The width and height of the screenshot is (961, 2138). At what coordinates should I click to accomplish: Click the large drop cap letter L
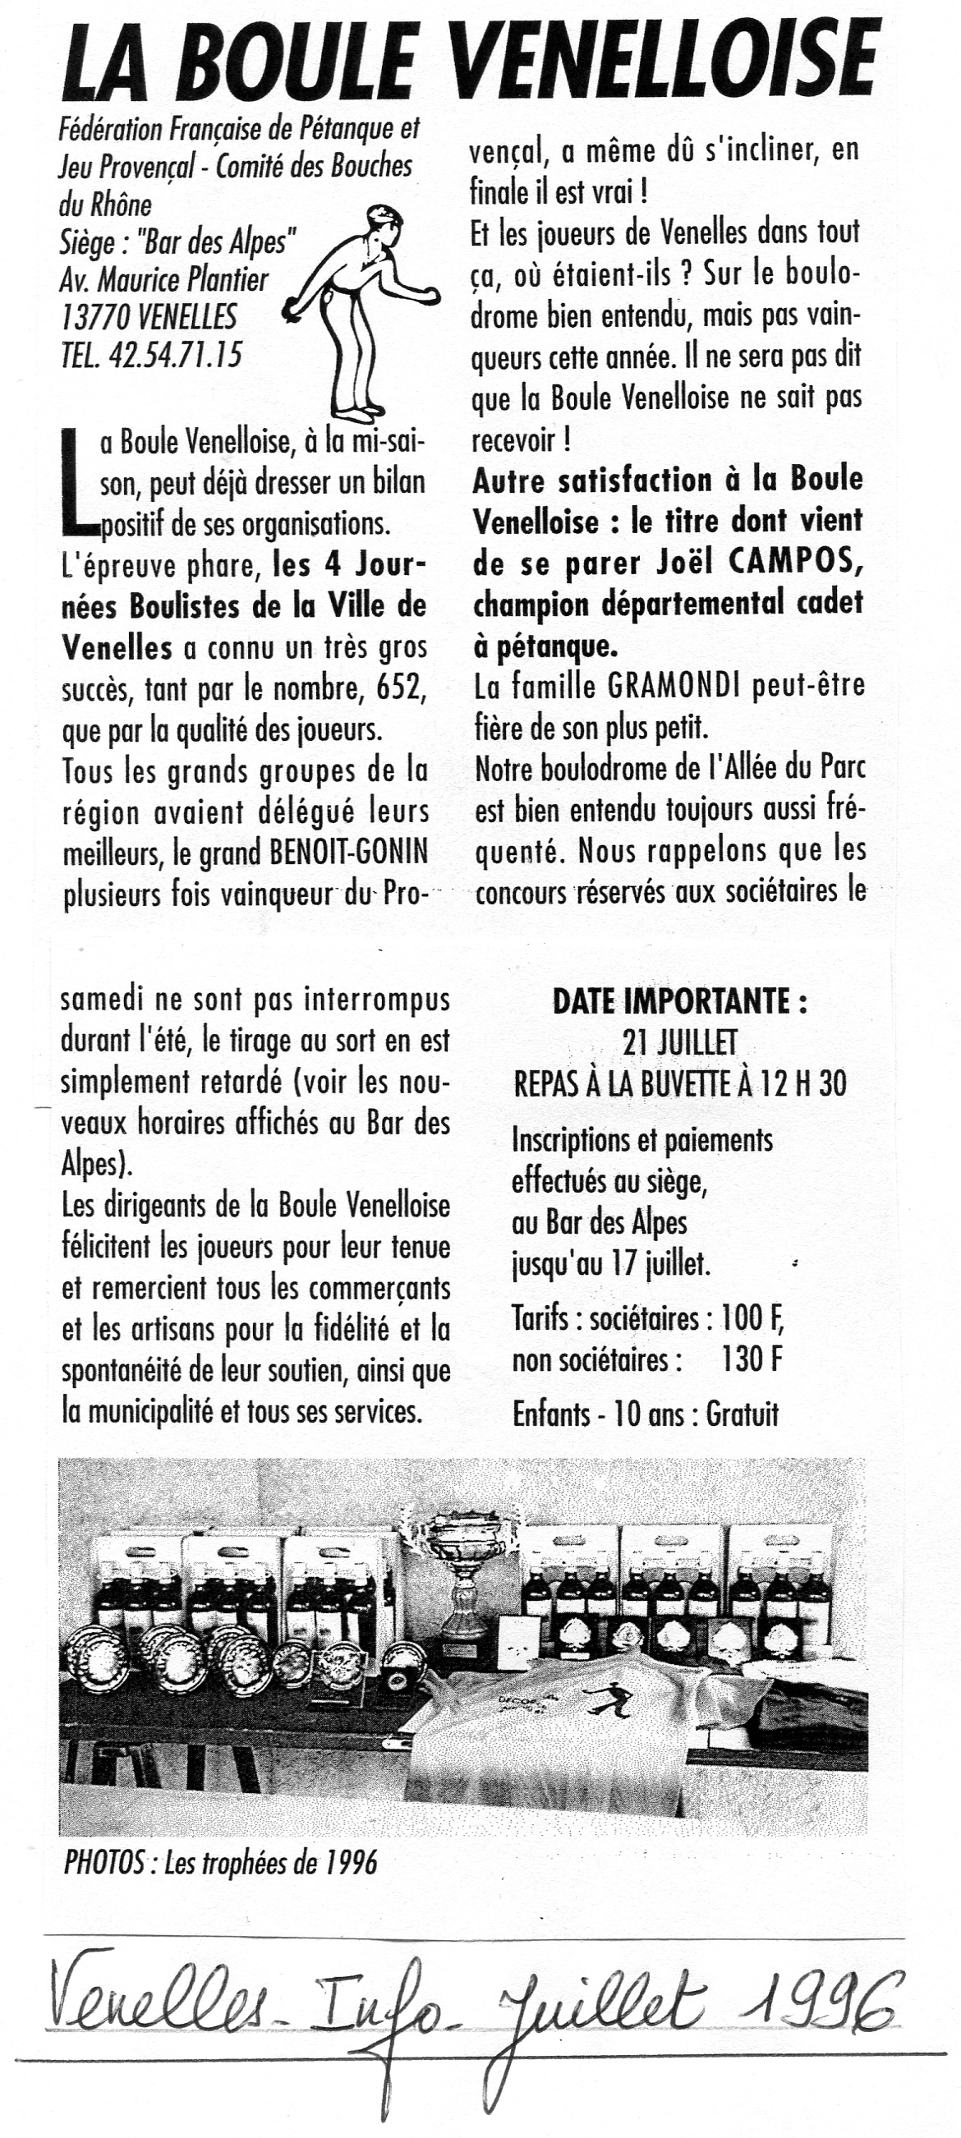tap(79, 481)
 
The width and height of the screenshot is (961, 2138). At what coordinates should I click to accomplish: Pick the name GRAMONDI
tap(674, 687)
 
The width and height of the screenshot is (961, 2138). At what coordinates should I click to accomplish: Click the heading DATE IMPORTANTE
tap(678, 1002)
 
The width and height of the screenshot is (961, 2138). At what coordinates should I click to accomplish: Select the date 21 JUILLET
tap(678, 1042)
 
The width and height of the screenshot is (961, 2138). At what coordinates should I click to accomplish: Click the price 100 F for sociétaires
tap(752, 1318)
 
